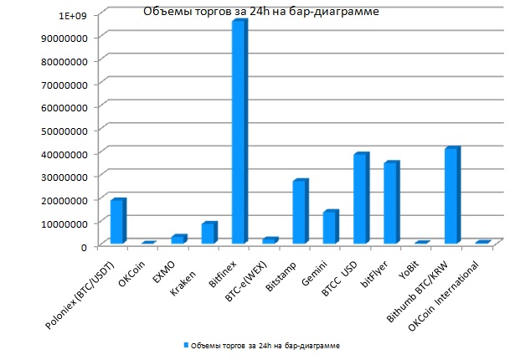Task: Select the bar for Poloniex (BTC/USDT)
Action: (x=117, y=222)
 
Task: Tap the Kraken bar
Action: (x=209, y=234)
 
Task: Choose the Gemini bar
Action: (x=330, y=227)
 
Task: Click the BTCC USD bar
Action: (x=360, y=199)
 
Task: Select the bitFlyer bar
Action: (x=391, y=203)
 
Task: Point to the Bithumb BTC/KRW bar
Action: (x=451, y=196)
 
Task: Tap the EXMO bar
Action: (x=178, y=239)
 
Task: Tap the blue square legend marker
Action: (x=185, y=345)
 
